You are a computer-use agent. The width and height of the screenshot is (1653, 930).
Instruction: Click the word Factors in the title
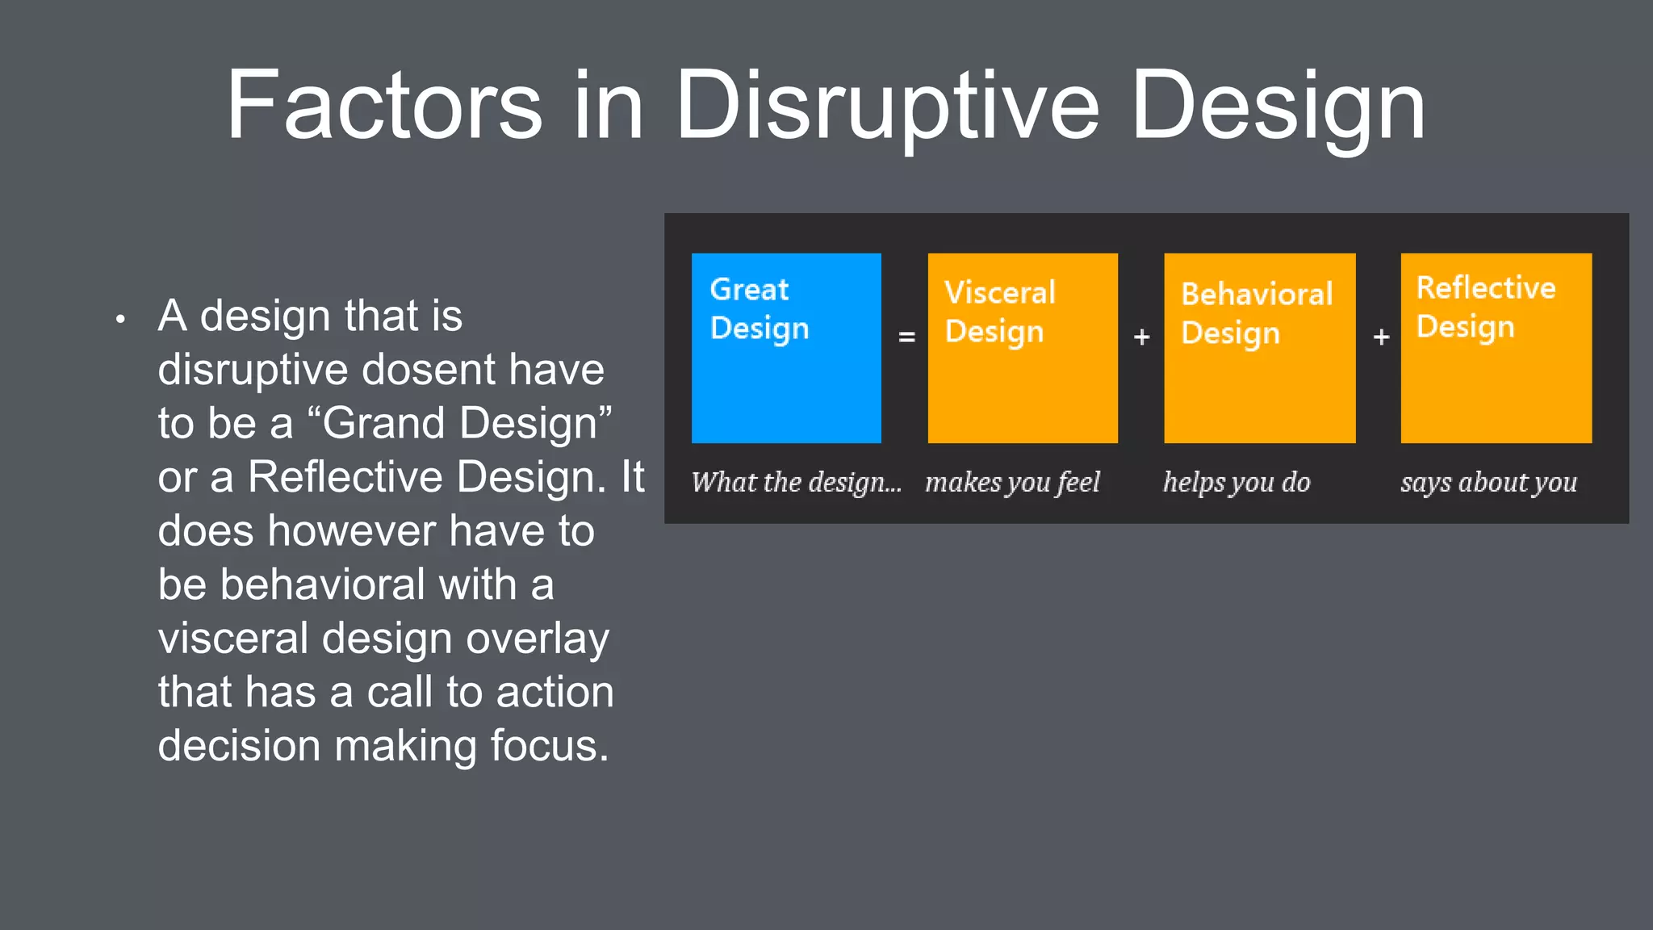point(384,106)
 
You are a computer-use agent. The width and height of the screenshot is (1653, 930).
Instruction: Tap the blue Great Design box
point(786,348)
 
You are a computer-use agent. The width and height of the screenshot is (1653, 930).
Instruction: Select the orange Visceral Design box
point(1023,348)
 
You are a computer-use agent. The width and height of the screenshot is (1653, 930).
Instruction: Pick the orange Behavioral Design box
point(1259,348)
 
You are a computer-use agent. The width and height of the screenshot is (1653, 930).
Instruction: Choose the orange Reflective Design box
point(1496,348)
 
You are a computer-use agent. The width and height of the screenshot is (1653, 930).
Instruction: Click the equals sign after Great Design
point(906,337)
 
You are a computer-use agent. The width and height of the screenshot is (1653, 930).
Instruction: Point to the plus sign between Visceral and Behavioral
point(1141,337)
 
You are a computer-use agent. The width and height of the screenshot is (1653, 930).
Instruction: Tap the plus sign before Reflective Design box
point(1381,337)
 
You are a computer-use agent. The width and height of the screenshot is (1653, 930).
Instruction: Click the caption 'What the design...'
point(796,482)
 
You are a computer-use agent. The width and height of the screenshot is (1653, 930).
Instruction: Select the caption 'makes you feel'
point(1012,482)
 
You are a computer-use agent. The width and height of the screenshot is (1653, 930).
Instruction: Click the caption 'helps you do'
point(1237,482)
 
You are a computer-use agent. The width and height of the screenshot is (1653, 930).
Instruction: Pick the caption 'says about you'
point(1488,482)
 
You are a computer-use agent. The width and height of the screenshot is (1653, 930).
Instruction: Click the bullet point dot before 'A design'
point(120,319)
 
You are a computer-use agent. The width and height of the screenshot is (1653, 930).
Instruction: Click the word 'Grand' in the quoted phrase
point(384,423)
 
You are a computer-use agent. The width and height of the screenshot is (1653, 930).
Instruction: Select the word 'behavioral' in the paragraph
point(322,584)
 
